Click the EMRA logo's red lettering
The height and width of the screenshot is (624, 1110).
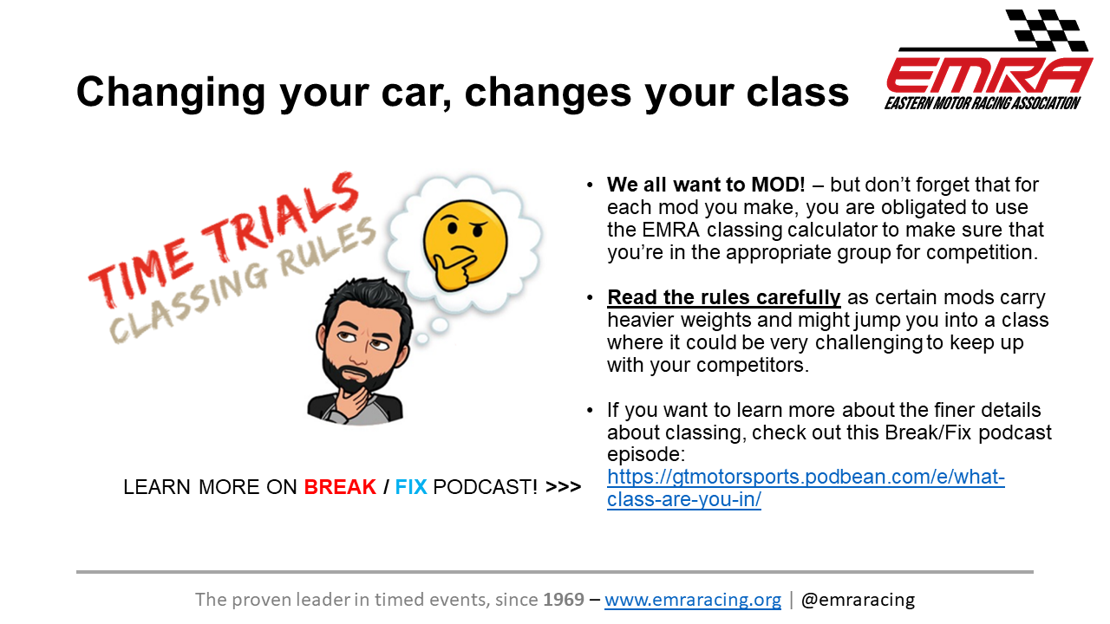coord(989,75)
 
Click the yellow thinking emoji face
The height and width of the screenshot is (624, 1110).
coord(465,245)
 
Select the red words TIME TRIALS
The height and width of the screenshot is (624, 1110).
coord(224,237)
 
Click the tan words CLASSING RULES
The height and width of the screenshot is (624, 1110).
coord(243,280)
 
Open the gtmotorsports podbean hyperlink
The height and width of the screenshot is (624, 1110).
coord(806,488)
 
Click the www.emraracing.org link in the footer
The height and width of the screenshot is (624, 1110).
coord(693,600)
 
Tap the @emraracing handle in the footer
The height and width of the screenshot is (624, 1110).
coord(858,600)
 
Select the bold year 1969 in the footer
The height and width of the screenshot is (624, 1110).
coord(564,600)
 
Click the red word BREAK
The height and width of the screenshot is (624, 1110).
coord(340,487)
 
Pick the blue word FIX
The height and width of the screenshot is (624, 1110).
coord(411,487)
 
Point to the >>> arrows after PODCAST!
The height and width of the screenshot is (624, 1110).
coord(563,487)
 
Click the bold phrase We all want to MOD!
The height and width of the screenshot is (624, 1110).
coord(706,185)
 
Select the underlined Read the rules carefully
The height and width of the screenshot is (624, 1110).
coord(724,297)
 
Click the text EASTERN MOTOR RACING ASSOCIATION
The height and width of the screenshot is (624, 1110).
coord(983,103)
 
